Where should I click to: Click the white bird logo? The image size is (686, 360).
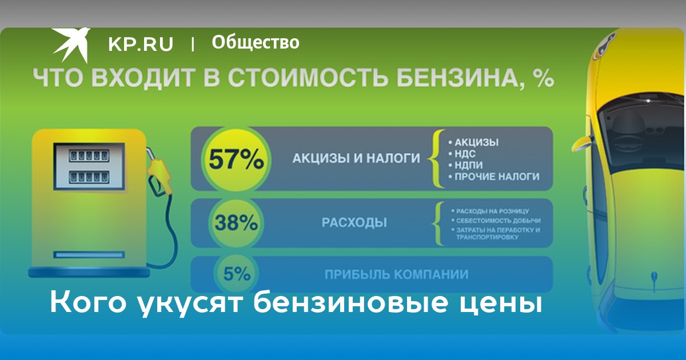[71, 45]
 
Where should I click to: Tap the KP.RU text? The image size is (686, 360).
[141, 44]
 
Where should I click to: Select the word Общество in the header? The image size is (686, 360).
[256, 42]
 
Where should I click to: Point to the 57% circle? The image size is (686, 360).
[236, 159]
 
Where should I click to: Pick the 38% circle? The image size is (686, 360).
[236, 223]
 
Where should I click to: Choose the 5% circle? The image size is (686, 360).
[237, 274]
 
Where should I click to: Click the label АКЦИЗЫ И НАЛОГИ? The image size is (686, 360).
[356, 158]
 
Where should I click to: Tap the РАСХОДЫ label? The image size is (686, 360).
[354, 222]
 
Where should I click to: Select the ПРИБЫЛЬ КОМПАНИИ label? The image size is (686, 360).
[397, 275]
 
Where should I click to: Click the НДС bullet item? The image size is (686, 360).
[462, 154]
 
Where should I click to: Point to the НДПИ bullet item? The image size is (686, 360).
[465, 165]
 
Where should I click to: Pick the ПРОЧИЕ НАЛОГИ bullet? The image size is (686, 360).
[494, 177]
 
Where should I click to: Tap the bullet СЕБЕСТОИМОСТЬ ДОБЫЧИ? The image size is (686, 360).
[496, 221]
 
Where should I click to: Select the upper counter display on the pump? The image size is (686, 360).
[89, 155]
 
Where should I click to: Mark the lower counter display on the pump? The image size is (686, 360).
[89, 177]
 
